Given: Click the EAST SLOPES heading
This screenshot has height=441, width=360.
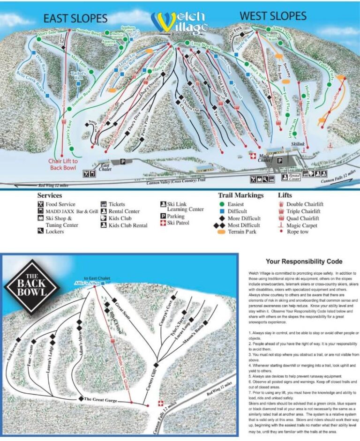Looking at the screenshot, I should tap(75, 18).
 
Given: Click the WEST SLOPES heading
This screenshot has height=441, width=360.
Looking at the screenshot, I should tap(273, 16).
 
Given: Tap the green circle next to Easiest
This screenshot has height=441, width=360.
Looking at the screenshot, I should tap(222, 204).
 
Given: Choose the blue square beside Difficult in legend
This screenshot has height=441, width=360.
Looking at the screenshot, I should tap(222, 211).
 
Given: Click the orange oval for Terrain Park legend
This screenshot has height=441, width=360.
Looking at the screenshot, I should tap(222, 232).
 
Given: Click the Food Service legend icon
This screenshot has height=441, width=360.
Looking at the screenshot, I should tap(41, 204).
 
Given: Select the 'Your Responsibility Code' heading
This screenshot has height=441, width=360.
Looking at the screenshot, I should tap(304, 262).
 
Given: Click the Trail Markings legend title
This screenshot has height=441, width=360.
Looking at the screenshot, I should tap(240, 195).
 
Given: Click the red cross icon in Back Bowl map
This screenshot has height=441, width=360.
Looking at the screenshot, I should tap(162, 404).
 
